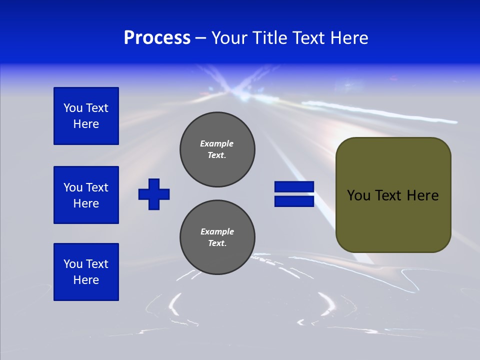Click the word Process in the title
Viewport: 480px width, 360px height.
[x=157, y=38]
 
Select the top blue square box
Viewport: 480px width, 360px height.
[x=86, y=116]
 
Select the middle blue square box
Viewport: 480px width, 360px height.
[x=86, y=195]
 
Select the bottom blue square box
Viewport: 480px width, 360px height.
[x=86, y=272]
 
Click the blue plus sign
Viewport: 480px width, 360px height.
[x=154, y=194]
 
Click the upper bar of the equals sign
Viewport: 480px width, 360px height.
[x=294, y=187]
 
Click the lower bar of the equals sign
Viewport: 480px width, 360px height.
[x=294, y=201]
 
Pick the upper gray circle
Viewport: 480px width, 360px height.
[x=217, y=149]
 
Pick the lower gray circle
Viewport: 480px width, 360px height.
[x=217, y=237]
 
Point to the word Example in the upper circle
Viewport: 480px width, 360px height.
[x=217, y=143]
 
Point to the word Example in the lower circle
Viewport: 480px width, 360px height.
[x=217, y=231]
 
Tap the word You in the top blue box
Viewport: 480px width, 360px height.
[x=73, y=108]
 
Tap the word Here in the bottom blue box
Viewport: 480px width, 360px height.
[x=86, y=280]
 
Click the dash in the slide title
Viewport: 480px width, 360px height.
[x=200, y=38]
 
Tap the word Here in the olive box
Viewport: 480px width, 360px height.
[x=422, y=195]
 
